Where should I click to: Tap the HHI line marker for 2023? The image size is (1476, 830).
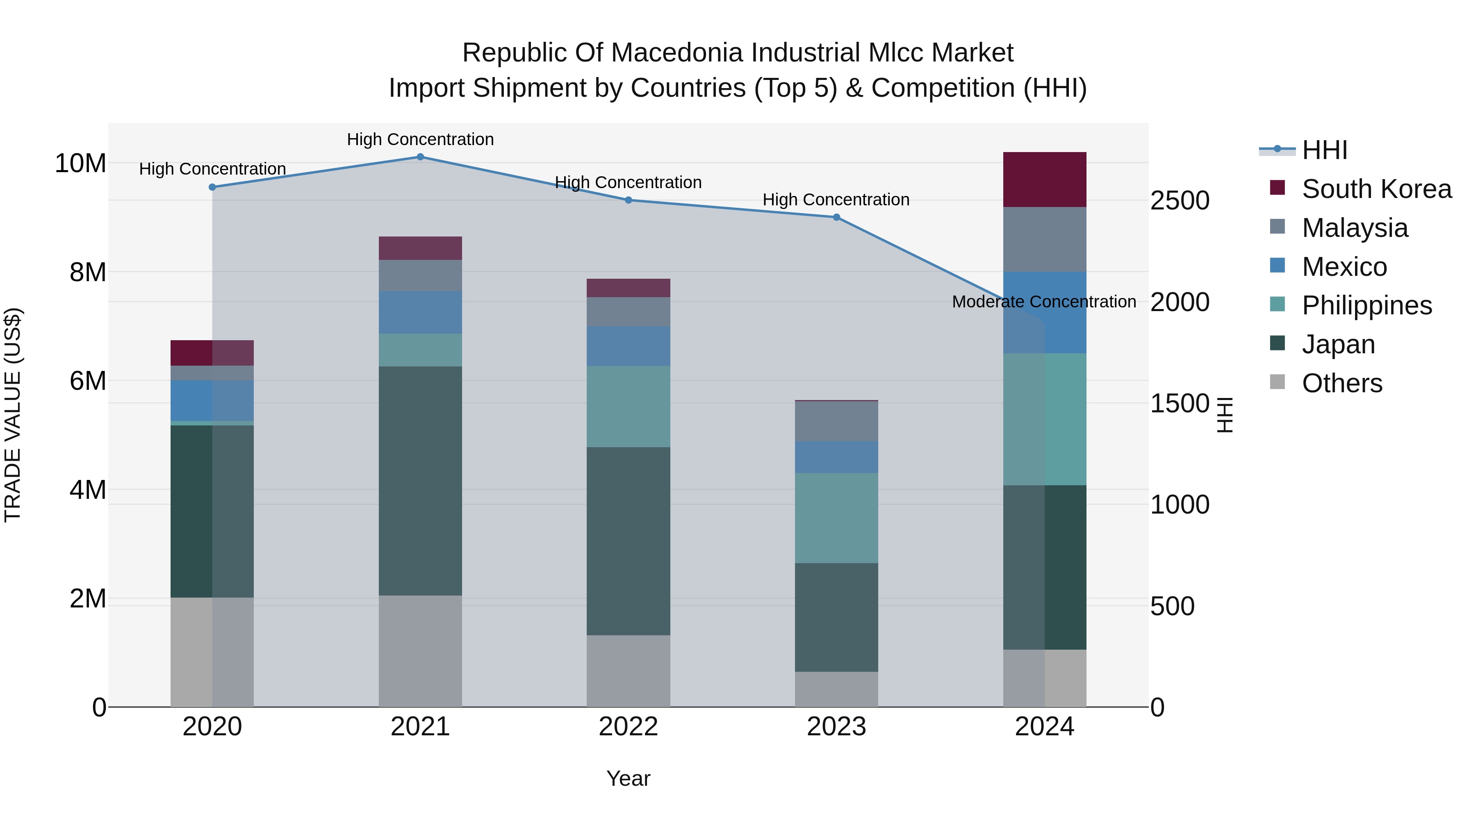836,217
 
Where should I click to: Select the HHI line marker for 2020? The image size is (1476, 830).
212,187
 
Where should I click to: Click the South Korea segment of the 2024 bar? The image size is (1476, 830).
1045,179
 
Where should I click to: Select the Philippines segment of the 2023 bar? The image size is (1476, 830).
836,518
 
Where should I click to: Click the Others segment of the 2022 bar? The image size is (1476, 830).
628,671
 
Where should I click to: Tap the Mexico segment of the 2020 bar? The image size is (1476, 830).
212,400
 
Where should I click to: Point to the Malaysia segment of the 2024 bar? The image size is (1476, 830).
1045,239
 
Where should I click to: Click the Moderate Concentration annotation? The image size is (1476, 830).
1043,302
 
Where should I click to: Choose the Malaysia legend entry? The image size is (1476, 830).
1355,228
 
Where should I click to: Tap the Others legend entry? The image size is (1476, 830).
1342,383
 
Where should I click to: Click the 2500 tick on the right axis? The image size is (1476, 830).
1180,200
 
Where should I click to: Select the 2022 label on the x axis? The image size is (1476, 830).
628,727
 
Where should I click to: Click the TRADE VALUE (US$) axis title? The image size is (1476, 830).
13,415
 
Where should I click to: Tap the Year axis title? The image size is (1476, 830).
628,778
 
